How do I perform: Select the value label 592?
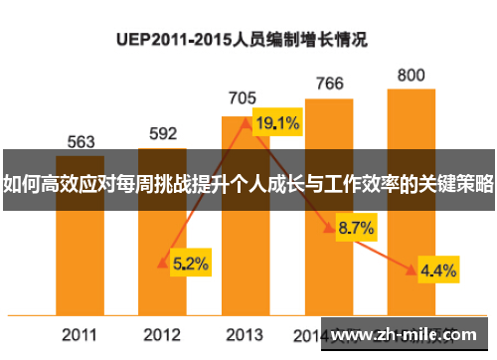coord(163,133)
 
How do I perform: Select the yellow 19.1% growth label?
coord(277,124)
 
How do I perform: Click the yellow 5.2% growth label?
coord(190,264)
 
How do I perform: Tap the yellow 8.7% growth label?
coord(356,229)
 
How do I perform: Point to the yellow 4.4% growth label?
coord(438,270)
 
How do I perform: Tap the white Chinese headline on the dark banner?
coord(248,183)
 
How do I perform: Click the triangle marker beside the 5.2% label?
coord(163,263)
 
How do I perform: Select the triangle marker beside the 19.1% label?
coord(246,122)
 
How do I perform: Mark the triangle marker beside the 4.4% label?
coord(411,268)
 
